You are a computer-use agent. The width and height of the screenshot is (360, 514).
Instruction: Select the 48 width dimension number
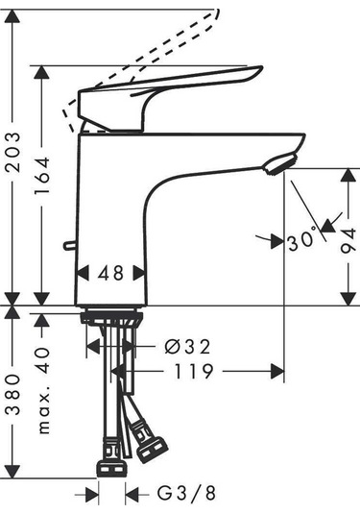[x=111, y=273]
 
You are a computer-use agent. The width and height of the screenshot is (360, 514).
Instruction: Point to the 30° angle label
[x=300, y=241]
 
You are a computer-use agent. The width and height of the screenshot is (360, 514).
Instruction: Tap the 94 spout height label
[x=347, y=245]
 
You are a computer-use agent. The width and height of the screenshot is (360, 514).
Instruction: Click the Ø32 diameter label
[x=186, y=346]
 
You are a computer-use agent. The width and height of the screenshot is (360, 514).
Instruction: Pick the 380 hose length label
[x=12, y=408]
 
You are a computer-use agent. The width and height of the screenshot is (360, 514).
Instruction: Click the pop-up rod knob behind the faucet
[x=66, y=246]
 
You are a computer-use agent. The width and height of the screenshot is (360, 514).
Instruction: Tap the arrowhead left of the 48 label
[x=81, y=273]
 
